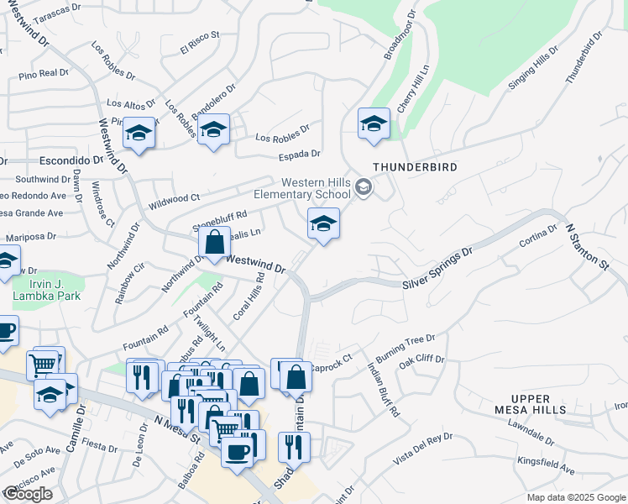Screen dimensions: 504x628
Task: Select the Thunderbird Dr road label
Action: coord(584,58)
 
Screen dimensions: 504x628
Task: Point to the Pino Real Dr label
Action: coord(43,75)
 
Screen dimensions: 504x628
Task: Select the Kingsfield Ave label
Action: coord(546,465)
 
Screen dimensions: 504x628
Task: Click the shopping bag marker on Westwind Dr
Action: coord(215,242)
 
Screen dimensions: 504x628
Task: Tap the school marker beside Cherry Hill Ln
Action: coord(374,124)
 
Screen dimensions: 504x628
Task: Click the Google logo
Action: coord(28,494)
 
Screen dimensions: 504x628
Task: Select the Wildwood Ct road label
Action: coord(174,202)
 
